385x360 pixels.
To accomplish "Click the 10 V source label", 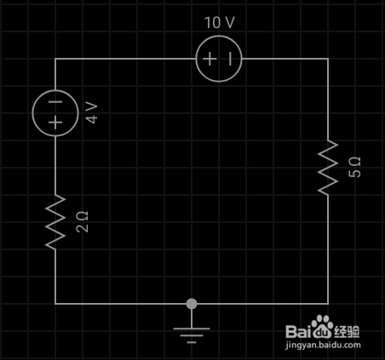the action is pyautogui.click(x=220, y=22).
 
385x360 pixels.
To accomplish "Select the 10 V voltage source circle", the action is pyautogui.click(x=219, y=36).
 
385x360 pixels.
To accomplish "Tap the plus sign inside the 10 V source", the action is pyautogui.click(x=210, y=59).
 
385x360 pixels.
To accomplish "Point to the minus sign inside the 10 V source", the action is pyautogui.click(x=230, y=59).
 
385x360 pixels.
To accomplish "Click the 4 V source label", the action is pyautogui.click(x=92, y=113).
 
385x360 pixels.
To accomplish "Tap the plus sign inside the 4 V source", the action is pyautogui.click(x=55, y=123).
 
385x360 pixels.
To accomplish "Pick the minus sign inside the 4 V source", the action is pyautogui.click(x=55, y=102).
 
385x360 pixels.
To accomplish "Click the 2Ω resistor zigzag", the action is pyautogui.click(x=55, y=222).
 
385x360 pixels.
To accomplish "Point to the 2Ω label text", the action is pyautogui.click(x=82, y=222).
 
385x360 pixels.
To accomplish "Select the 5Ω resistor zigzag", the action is pyautogui.click(x=328, y=168).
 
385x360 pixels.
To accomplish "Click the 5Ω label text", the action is pyautogui.click(x=354, y=167).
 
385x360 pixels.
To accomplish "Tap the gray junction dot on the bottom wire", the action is pyautogui.click(x=192, y=304).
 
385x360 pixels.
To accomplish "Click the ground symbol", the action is pyautogui.click(x=192, y=329).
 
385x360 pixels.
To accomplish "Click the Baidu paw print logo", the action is pyautogui.click(x=322, y=325).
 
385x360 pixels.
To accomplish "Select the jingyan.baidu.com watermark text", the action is pyautogui.click(x=323, y=346).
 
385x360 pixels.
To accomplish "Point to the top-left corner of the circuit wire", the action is pyautogui.click(x=55, y=59).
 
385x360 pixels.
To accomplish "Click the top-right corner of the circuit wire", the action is pyautogui.click(x=328, y=59).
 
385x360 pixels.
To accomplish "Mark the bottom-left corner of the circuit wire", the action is pyautogui.click(x=55, y=304).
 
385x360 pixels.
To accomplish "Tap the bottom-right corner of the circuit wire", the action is pyautogui.click(x=328, y=304).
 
